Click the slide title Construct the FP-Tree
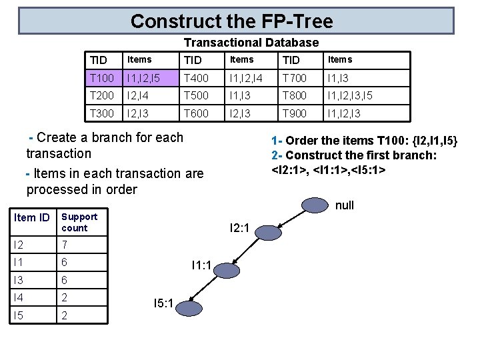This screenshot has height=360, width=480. [231, 21]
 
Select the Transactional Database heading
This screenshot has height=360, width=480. [251, 43]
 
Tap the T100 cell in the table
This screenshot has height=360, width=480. [103, 78]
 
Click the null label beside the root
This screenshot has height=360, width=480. [345, 205]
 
